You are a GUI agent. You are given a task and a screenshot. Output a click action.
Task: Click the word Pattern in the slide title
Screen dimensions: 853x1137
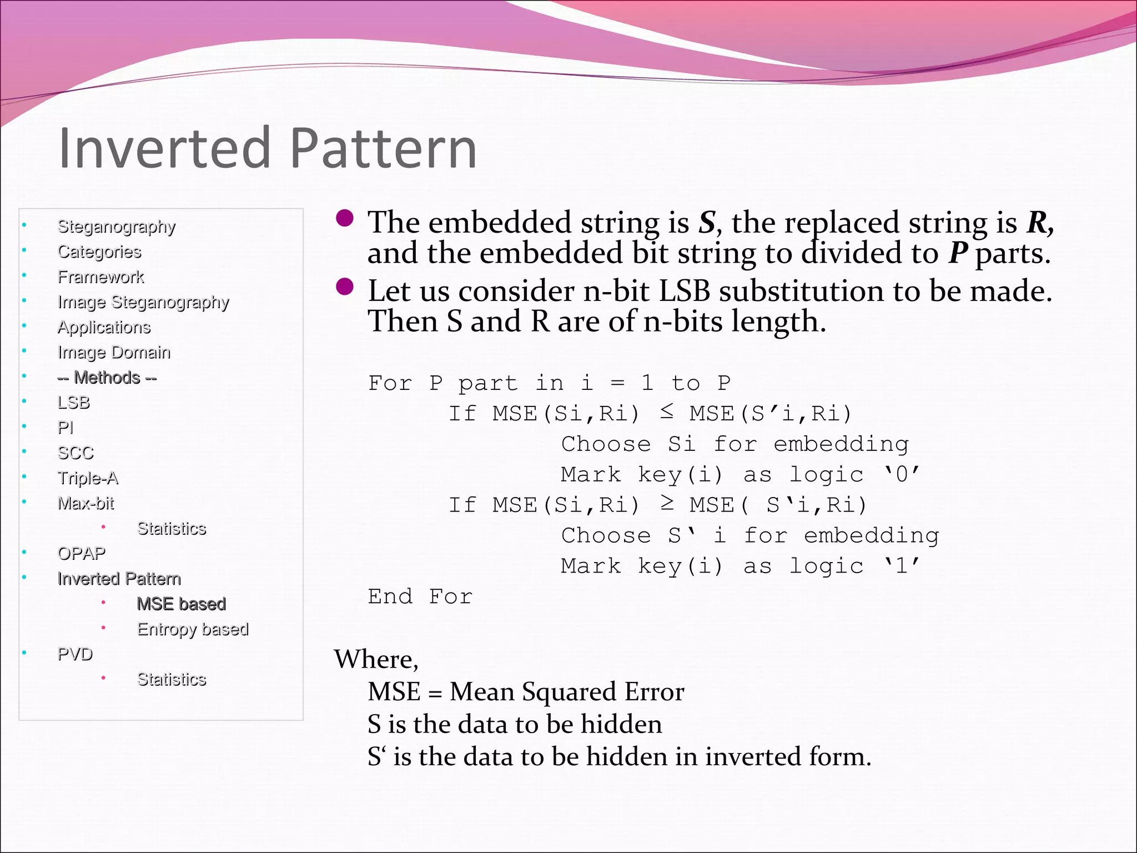[x=383, y=148]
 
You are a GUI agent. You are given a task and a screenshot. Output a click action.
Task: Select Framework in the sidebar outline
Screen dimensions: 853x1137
[x=100, y=277]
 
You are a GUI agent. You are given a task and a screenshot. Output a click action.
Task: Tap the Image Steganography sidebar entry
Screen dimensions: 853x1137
[x=143, y=302]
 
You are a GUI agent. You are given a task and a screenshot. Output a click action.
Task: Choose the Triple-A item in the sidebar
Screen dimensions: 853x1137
[x=88, y=478]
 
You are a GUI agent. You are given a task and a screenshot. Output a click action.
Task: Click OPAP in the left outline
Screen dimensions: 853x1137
[x=81, y=554]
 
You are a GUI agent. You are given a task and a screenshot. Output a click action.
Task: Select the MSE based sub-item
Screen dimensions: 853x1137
[x=181, y=604]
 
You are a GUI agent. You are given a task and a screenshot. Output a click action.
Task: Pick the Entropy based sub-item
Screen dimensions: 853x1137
[x=193, y=629]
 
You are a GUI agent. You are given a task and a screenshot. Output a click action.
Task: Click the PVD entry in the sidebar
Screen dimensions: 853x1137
[x=75, y=654]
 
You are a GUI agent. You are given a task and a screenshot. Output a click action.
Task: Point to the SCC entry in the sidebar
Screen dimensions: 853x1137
[x=76, y=453]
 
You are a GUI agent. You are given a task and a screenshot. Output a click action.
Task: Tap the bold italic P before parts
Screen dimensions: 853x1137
[x=958, y=254]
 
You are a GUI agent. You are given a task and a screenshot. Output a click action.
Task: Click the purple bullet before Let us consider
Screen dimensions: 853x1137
[x=345, y=287]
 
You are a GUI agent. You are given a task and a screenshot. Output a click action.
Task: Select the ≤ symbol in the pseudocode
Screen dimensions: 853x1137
[x=667, y=412]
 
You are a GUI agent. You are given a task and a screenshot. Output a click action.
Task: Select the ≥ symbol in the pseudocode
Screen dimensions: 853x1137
[x=667, y=504]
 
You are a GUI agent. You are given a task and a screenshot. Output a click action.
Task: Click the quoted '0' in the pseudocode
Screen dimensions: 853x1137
[x=902, y=475]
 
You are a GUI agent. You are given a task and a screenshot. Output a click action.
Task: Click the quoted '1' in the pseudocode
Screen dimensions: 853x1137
[x=902, y=566]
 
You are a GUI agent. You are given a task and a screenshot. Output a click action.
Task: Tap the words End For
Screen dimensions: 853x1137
[x=420, y=597]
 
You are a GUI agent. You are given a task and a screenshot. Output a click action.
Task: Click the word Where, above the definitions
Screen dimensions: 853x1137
[x=376, y=660]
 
